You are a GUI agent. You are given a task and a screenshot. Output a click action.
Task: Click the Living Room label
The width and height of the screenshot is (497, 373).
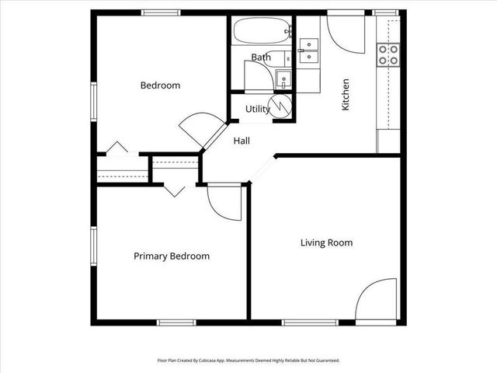pyautogui.click(x=326, y=243)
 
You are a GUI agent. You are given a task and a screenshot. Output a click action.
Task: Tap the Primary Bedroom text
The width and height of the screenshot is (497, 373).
pyautogui.click(x=171, y=256)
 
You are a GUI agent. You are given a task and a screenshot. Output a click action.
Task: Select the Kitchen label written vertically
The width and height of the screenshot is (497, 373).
pyautogui.click(x=346, y=94)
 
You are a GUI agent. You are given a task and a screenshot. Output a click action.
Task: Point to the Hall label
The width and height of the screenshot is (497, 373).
pyautogui.click(x=242, y=141)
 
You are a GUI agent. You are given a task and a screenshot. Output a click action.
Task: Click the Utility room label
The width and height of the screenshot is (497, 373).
pyautogui.click(x=257, y=110)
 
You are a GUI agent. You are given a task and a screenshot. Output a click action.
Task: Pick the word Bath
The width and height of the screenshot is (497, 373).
pyautogui.click(x=260, y=58)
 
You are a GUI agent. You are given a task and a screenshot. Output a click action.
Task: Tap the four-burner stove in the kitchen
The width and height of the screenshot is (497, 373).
pyautogui.click(x=388, y=54)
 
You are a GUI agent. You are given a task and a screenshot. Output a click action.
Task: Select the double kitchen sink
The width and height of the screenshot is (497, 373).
pyautogui.click(x=308, y=50)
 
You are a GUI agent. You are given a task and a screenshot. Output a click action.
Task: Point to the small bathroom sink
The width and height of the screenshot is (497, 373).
pyautogui.click(x=283, y=78)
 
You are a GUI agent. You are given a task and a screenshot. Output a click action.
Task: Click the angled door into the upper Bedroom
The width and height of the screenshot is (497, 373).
pyautogui.click(x=198, y=131)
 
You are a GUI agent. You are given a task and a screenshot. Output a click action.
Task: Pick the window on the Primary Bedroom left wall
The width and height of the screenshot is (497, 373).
pyautogui.click(x=92, y=246)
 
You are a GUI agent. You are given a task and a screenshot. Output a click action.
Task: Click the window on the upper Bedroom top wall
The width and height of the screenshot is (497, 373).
pyautogui.click(x=161, y=13)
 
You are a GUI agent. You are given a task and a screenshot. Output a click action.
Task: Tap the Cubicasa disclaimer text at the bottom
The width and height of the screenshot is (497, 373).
pyautogui.click(x=248, y=361)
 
